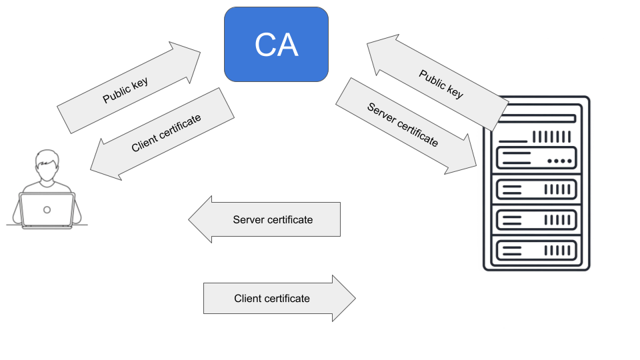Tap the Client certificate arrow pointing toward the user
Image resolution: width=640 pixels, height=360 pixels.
(x=163, y=134)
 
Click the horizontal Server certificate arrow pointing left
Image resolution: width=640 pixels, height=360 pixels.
(x=267, y=219)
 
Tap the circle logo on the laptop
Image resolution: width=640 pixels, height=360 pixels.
(x=47, y=209)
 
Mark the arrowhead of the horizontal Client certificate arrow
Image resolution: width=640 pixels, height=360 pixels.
(x=343, y=298)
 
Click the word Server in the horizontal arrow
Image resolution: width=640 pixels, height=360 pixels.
(x=249, y=219)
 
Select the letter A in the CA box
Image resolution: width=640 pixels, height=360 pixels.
(x=288, y=45)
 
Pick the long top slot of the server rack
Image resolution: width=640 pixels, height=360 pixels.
(x=536, y=119)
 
